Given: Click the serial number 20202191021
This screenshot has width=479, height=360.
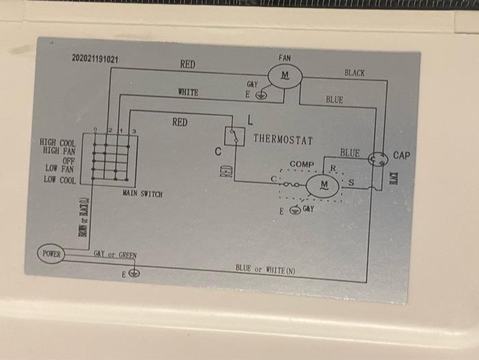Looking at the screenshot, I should tap(95, 60).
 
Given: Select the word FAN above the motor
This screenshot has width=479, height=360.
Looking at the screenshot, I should tap(285, 58).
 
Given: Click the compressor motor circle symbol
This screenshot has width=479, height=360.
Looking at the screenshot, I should tap(324, 185).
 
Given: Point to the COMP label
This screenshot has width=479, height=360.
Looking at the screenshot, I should tap(302, 165).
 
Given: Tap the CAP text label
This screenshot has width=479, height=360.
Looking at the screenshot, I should tap(402, 156).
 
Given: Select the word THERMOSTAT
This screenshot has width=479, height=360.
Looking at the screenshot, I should tap(283, 140).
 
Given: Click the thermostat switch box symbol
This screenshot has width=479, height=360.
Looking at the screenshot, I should tap(235, 136).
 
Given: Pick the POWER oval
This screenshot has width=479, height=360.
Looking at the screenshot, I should tap(51, 254).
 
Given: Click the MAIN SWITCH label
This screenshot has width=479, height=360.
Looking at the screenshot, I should tap(142, 194).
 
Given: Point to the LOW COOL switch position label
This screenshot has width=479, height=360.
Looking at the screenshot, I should tap(60, 180).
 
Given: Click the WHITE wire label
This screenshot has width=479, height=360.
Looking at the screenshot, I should tap(187, 92).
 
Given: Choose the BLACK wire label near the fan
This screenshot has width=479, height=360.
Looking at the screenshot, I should tap(354, 73).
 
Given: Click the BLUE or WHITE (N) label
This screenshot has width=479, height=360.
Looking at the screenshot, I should tap(266, 269).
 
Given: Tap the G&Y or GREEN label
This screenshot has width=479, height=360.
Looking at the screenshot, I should tap(115, 255).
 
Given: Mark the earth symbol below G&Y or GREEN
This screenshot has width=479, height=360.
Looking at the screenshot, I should tap(134, 273).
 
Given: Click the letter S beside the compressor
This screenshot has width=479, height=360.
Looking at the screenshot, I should tap(351, 182).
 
